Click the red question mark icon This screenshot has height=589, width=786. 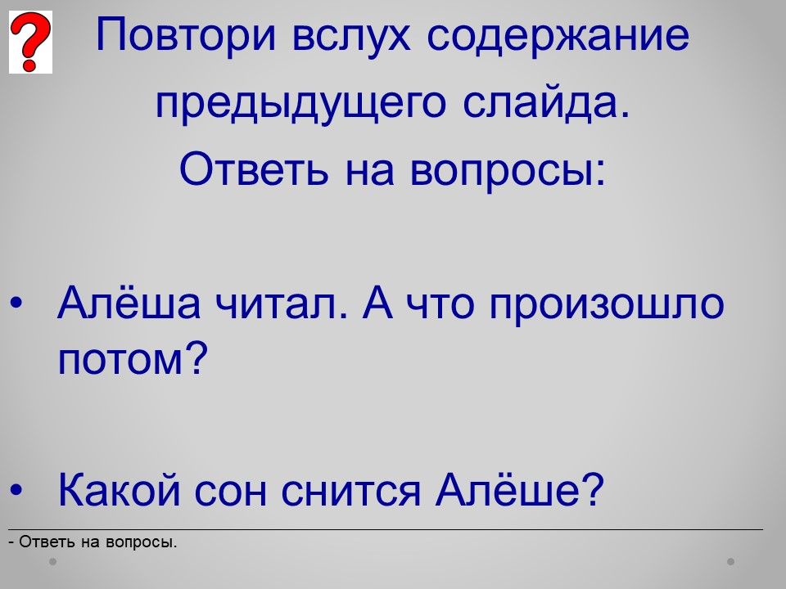click(30, 42)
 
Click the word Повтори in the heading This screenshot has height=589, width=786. click(186, 34)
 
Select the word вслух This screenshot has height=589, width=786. click(351, 35)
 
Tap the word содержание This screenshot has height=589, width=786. click(558, 35)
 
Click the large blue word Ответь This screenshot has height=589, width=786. click(254, 169)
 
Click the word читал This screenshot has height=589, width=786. click(281, 303)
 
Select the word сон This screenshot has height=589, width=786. click(230, 492)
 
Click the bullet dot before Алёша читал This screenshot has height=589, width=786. click(16, 303)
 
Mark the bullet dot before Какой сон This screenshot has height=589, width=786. click(16, 489)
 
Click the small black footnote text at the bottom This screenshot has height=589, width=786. click(93, 542)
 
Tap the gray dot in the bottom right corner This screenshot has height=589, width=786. click(731, 561)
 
